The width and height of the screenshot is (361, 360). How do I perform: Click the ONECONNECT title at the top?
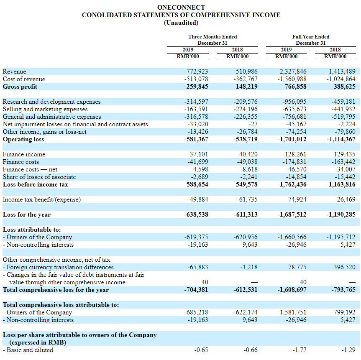coord(181,8)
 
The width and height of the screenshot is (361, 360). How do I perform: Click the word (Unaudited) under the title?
coord(181,23)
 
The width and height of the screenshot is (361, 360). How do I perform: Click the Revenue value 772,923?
coord(197,71)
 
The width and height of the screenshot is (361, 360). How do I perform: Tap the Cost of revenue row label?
coord(24,79)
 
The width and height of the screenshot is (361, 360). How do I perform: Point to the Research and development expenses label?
coord(51,102)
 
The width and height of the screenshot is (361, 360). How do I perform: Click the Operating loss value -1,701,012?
coord(292,139)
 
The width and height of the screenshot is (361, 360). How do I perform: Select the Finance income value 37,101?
coord(199,154)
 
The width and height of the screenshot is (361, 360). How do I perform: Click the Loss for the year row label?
coord(27,214)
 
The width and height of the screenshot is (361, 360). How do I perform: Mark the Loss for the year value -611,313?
coord(246,214)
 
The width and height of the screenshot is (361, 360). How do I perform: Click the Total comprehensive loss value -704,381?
coord(196,290)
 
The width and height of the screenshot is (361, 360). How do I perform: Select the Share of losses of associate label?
coord(39,177)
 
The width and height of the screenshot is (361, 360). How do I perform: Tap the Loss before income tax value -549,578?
coord(246,184)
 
